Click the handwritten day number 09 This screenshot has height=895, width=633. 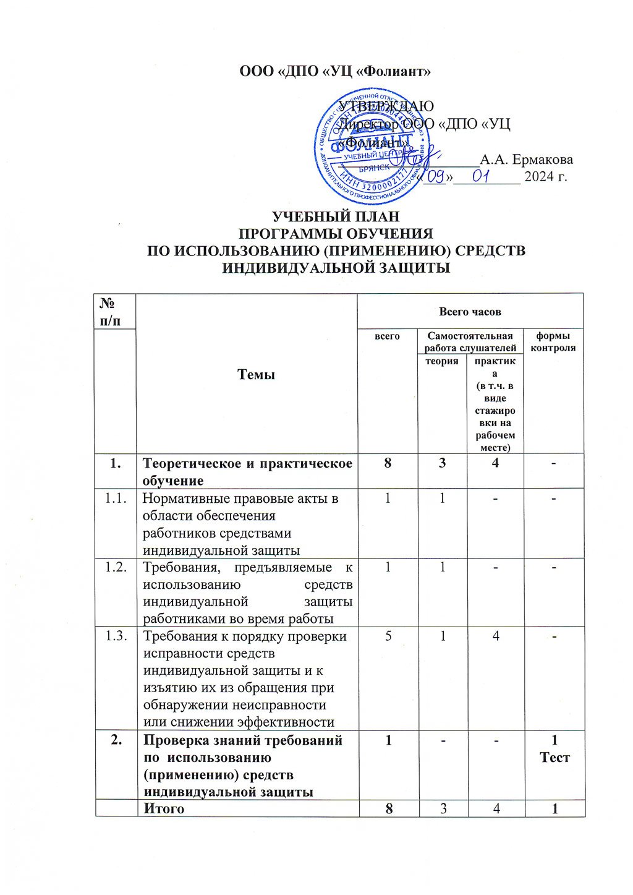[437, 178]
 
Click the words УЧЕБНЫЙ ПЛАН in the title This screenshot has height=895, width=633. [336, 217]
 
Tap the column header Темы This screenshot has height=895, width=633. [257, 375]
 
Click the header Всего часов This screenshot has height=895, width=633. [470, 311]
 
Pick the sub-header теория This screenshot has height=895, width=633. [441, 361]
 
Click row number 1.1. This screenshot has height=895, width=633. [116, 499]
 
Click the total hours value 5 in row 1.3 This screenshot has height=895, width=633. [388, 636]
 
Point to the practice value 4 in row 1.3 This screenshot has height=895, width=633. [496, 636]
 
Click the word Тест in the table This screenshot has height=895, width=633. [554, 757]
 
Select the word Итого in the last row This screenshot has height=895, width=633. [164, 808]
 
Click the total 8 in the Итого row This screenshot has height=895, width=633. [388, 808]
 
